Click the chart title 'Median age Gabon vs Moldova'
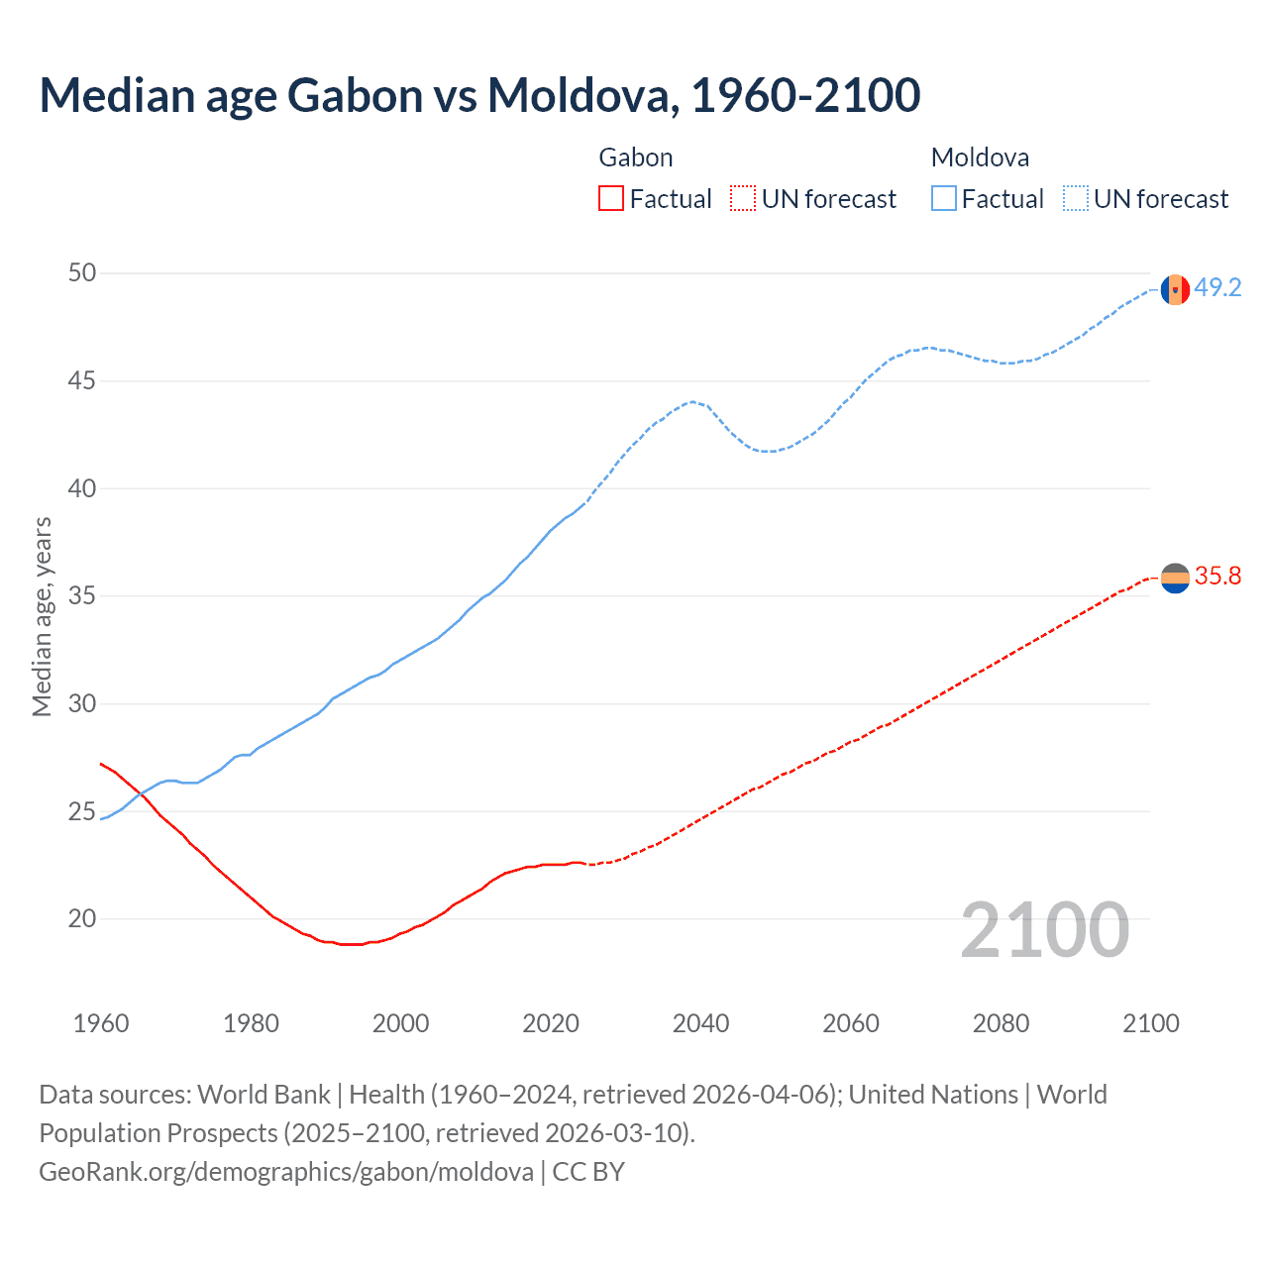479,95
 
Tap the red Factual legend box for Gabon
611,199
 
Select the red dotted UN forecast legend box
743,199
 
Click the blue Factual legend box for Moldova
944,199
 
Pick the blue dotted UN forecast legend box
1076,199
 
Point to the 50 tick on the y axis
82,272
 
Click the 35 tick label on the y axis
82,596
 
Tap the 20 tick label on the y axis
82,919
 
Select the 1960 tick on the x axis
101,1023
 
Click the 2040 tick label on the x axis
700,1023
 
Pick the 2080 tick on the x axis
1001,1023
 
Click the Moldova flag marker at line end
1175,289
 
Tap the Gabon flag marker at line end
1175,578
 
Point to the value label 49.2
1217,288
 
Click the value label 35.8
1217,577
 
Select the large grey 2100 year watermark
1044,930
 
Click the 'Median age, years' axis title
42,616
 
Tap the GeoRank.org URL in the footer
286,1172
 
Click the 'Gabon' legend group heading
636,158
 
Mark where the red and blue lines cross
143,794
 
